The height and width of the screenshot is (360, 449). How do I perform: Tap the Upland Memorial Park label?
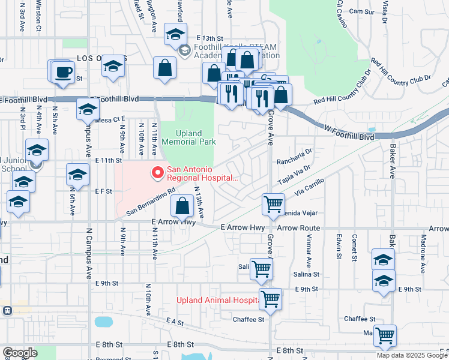(187, 137)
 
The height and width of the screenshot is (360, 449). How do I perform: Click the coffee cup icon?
(62, 74)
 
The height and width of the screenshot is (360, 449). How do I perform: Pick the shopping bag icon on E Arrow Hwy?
(182, 207)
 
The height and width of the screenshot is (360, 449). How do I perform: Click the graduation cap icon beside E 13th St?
(175, 35)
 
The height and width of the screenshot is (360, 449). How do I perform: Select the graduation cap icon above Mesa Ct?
(88, 110)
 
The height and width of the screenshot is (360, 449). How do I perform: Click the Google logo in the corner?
(19, 353)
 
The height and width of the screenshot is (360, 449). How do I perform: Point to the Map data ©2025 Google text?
(411, 355)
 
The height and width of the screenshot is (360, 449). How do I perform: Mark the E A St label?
(175, 322)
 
